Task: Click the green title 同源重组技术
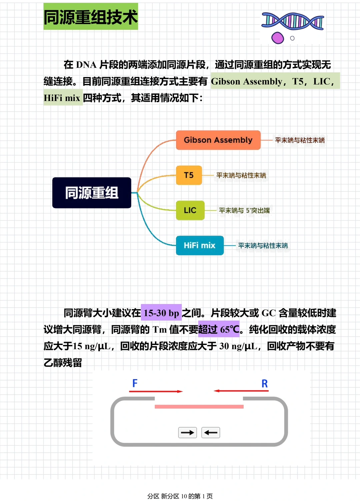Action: tap(90, 17)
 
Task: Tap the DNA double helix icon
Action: tap(293, 21)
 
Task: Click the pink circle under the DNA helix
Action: tap(278, 38)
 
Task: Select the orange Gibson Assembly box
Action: tap(218, 140)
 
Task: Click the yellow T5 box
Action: tap(189, 175)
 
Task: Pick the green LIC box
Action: tap(190, 210)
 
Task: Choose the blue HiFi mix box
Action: tap(199, 245)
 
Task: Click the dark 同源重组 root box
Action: tap(92, 193)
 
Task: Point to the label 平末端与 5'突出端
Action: tap(244, 210)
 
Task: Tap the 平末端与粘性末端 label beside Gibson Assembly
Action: tap(300, 140)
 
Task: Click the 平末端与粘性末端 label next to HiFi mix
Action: tap(263, 246)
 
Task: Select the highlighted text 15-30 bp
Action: tap(161, 313)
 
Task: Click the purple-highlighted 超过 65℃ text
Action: tap(219, 329)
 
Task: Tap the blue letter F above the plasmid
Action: tap(135, 383)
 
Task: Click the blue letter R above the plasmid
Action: tap(265, 384)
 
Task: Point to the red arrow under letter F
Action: tap(156, 391)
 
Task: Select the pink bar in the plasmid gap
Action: tap(199, 406)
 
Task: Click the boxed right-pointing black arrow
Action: tap(187, 433)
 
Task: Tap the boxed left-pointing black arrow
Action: tap(211, 433)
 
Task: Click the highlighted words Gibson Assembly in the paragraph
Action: tap(247, 81)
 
